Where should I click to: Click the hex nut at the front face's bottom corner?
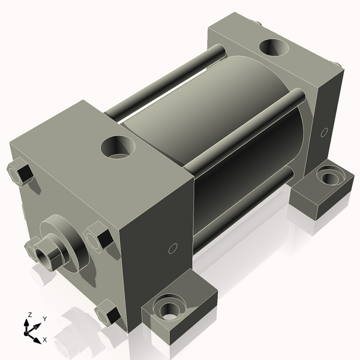108,314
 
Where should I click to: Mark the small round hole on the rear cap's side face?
325,131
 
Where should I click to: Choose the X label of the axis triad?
45,340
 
